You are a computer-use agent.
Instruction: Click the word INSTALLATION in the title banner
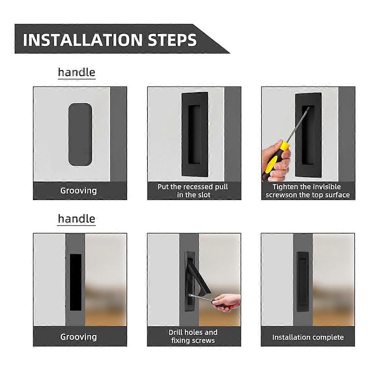pyautogui.click(x=83, y=40)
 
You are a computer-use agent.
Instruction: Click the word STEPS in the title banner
pyautogui.click(x=172, y=40)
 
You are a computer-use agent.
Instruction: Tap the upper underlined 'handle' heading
pyautogui.click(x=77, y=72)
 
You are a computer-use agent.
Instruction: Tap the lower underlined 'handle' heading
pyautogui.click(x=77, y=219)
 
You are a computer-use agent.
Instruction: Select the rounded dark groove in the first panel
pyautogui.click(x=80, y=134)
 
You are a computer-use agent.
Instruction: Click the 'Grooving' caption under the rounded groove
pyautogui.click(x=79, y=191)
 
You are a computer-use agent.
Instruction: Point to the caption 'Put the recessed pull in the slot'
pyautogui.click(x=193, y=191)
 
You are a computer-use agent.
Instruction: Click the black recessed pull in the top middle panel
pyautogui.click(x=195, y=134)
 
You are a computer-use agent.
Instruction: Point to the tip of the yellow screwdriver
pyautogui.click(x=309, y=107)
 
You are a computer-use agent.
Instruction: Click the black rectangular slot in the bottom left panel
pyautogui.click(x=76, y=282)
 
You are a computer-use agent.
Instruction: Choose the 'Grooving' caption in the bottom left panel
pyautogui.click(x=79, y=337)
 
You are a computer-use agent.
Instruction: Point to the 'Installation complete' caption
pyautogui.click(x=308, y=337)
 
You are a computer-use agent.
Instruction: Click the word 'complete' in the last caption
pyautogui.click(x=328, y=337)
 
